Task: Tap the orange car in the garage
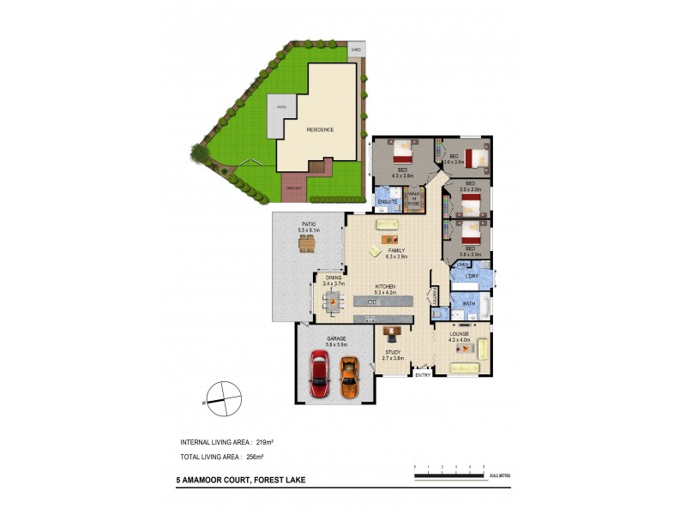[x=348, y=376]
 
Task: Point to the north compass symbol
[x=223, y=397]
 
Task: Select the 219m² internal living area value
[x=265, y=442]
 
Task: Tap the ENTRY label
[x=422, y=375]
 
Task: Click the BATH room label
[x=469, y=303]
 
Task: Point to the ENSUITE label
[x=387, y=200]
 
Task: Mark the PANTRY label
[x=435, y=296]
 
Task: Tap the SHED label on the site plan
[x=356, y=50]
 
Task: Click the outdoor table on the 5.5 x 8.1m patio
[x=306, y=244]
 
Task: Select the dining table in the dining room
[x=333, y=298]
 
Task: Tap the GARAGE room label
[x=336, y=338]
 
